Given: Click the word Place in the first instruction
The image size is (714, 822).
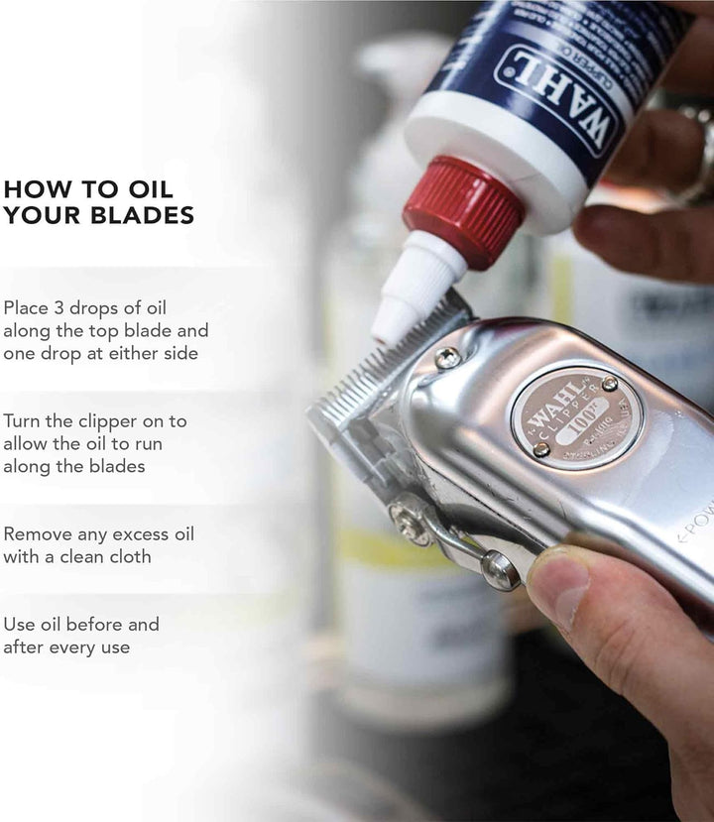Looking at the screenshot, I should tap(27, 307).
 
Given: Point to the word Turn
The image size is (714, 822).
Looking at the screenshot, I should tap(25, 420).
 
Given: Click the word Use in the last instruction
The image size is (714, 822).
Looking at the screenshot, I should tap(20, 625).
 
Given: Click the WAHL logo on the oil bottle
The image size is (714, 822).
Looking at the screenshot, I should tap(556, 100).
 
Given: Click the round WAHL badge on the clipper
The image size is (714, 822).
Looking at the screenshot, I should tap(576, 417).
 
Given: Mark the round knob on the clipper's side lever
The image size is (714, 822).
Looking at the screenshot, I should tap(497, 569).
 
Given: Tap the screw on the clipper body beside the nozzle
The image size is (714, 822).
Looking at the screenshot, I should tap(447, 358).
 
